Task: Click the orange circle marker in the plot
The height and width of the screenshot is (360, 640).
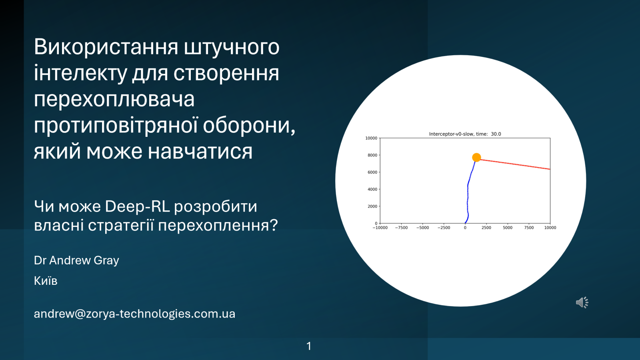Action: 476,158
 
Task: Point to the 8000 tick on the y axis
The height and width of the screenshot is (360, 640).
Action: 372,155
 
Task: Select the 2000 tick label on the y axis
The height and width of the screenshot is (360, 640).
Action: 372,206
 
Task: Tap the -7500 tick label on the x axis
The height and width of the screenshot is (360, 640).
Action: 401,228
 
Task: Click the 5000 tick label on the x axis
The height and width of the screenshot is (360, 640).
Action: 508,228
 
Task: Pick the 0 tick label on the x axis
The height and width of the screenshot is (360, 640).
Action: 465,228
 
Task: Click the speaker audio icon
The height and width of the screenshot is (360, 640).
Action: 582,302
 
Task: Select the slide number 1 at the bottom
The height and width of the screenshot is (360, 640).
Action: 309,346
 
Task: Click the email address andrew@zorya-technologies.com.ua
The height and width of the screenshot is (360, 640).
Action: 134,314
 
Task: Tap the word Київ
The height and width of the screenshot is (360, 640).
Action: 46,281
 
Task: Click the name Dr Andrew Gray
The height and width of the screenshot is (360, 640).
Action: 76,260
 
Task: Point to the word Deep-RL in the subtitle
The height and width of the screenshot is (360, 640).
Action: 137,206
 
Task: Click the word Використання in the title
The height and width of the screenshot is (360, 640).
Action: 106,47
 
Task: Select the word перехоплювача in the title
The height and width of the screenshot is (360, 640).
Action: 114,99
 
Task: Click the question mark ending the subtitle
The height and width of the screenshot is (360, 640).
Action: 274,225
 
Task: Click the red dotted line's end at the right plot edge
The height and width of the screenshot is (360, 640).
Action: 549,169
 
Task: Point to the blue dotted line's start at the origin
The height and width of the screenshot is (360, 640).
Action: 465,222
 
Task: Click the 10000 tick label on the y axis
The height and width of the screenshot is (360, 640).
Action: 371,138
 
